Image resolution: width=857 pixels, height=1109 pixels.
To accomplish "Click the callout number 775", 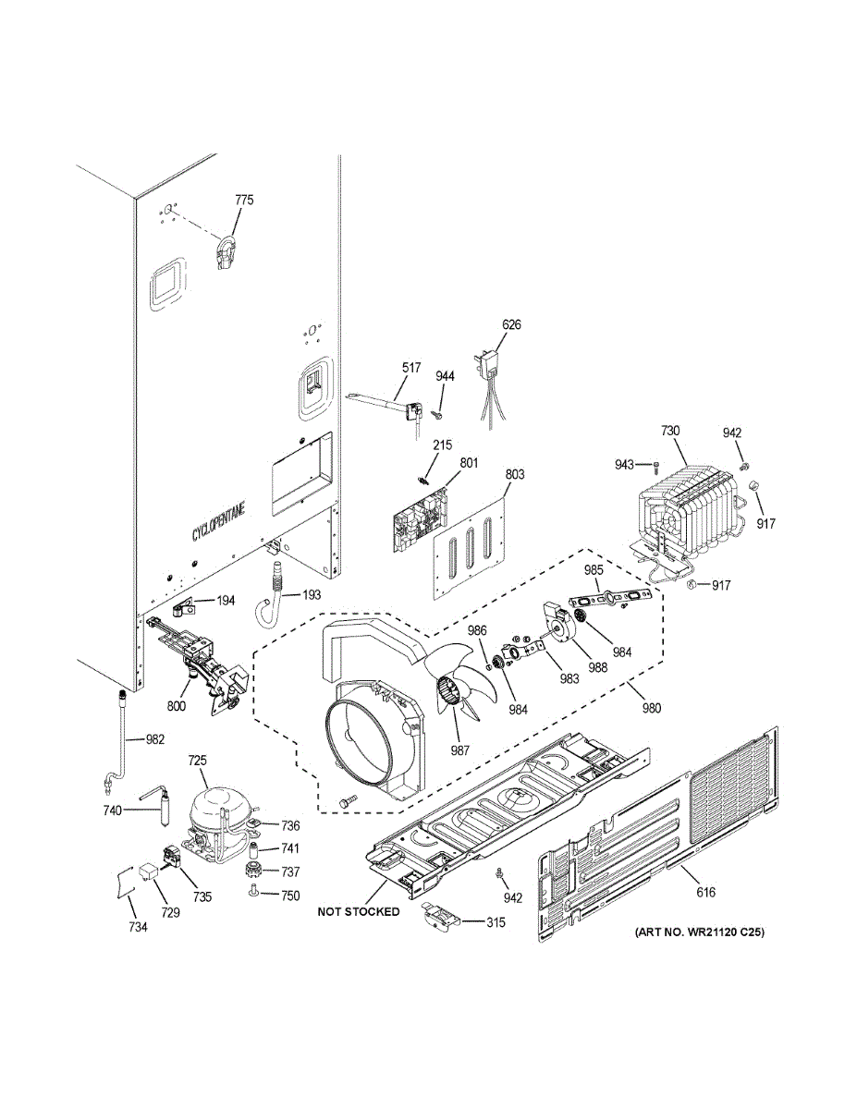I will click(x=244, y=200).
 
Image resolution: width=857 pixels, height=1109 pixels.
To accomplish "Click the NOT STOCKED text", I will click(x=359, y=911).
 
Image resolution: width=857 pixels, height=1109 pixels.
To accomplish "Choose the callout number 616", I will click(x=705, y=892).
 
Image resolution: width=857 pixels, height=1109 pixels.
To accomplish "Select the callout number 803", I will click(x=515, y=475).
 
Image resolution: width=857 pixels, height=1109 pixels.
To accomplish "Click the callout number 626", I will click(x=511, y=324).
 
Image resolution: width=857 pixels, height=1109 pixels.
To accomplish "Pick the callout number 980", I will click(x=652, y=709).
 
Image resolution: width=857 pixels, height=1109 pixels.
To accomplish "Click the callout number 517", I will click(x=411, y=367).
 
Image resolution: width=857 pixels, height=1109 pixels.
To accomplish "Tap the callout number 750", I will click(x=290, y=895).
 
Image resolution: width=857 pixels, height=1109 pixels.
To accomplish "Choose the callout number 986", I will click(x=476, y=630).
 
